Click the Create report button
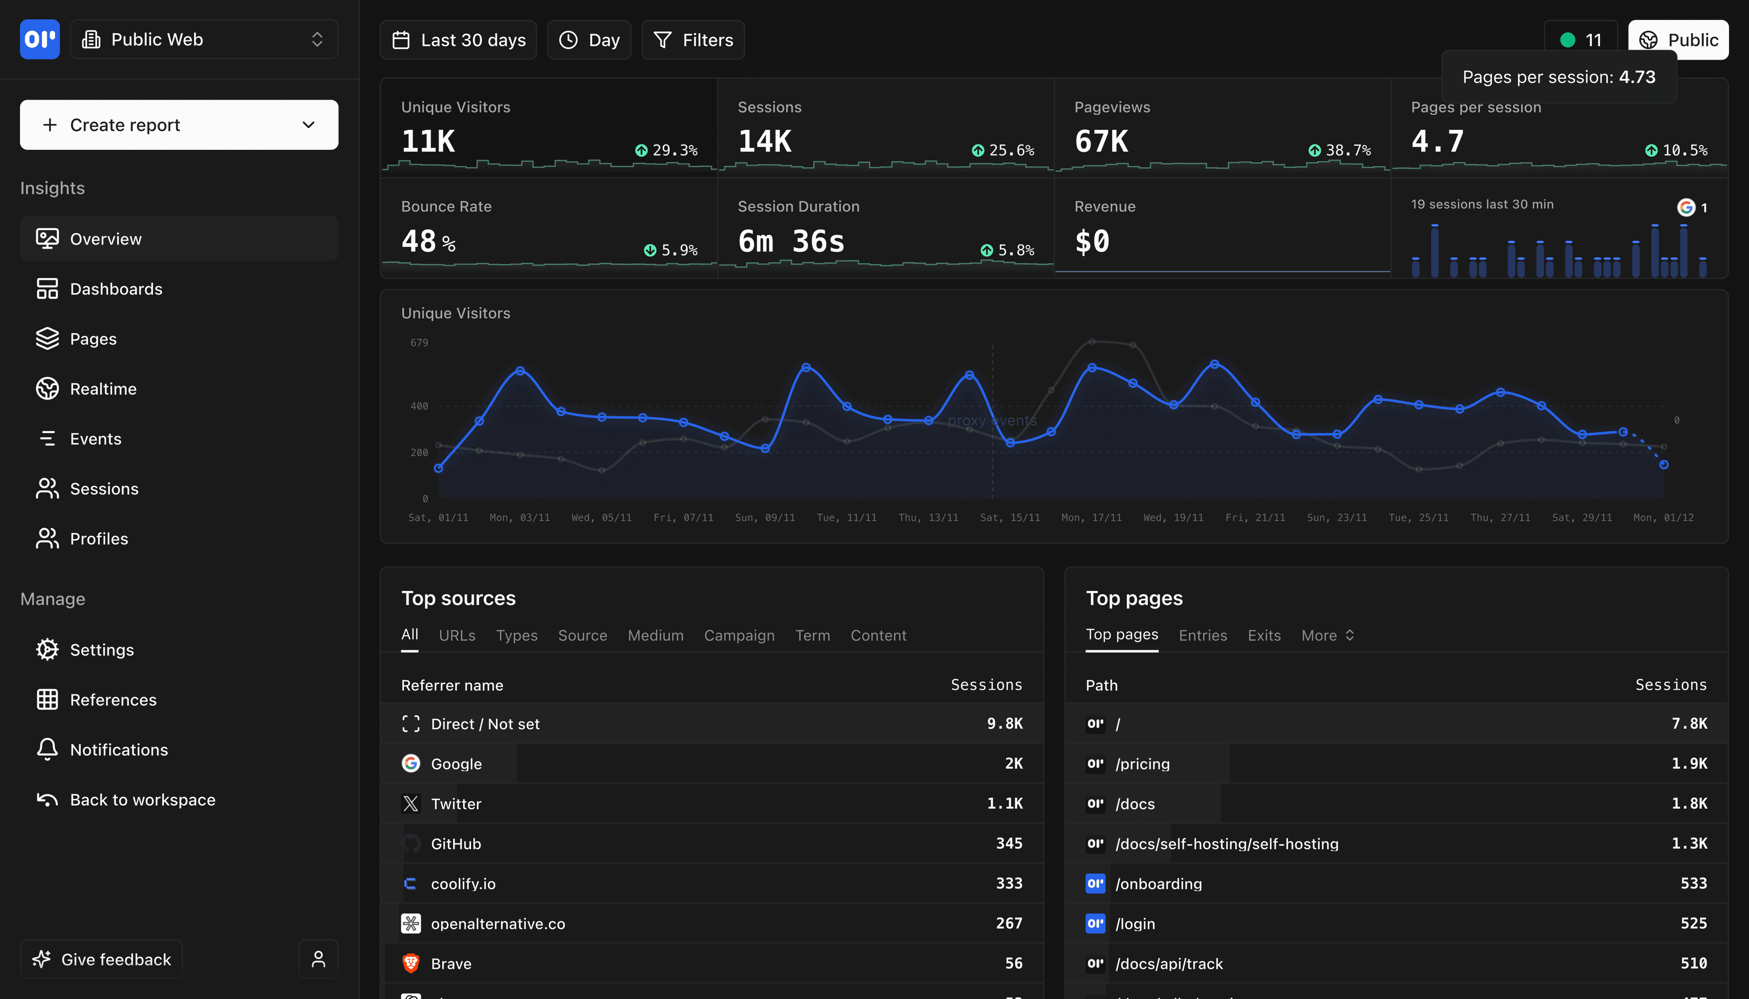coord(179,125)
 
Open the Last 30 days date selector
coord(458,40)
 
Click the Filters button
coord(693,40)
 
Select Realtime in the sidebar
coord(103,389)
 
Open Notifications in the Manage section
coord(119,750)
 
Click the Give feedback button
coord(102,959)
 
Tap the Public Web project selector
coord(204,39)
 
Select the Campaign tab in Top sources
coord(739,635)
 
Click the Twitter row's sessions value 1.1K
coord(1004,804)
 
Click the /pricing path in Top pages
coord(1142,764)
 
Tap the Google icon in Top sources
coord(411,764)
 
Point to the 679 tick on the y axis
coord(419,342)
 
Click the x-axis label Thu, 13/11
coord(928,517)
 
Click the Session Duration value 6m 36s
coord(791,241)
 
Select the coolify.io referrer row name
coord(463,884)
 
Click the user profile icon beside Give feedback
coord(318,959)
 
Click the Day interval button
coord(589,40)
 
